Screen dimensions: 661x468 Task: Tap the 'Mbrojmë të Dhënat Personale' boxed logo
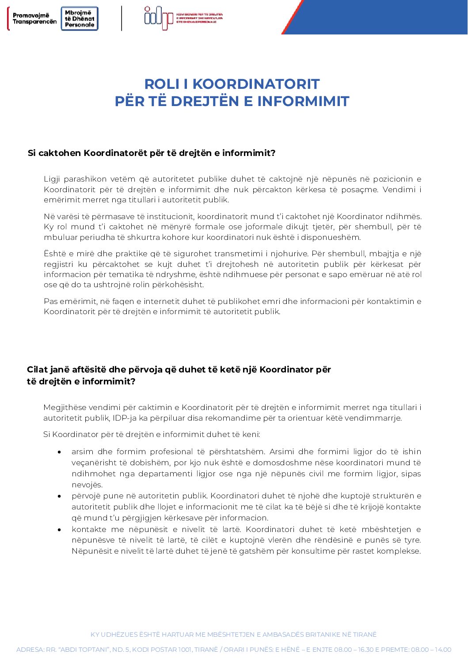click(x=80, y=19)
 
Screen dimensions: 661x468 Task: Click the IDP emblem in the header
click(x=159, y=17)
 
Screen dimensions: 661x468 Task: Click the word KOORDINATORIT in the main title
click(x=256, y=84)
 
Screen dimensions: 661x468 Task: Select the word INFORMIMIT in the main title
click(x=303, y=101)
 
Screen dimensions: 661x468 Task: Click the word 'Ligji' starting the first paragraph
click(x=52, y=179)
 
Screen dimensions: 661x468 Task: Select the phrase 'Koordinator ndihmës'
click(x=379, y=217)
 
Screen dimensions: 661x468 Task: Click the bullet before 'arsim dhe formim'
click(x=59, y=452)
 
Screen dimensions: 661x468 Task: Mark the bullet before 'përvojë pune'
click(x=59, y=496)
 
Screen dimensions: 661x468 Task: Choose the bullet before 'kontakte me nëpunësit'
click(x=59, y=529)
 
